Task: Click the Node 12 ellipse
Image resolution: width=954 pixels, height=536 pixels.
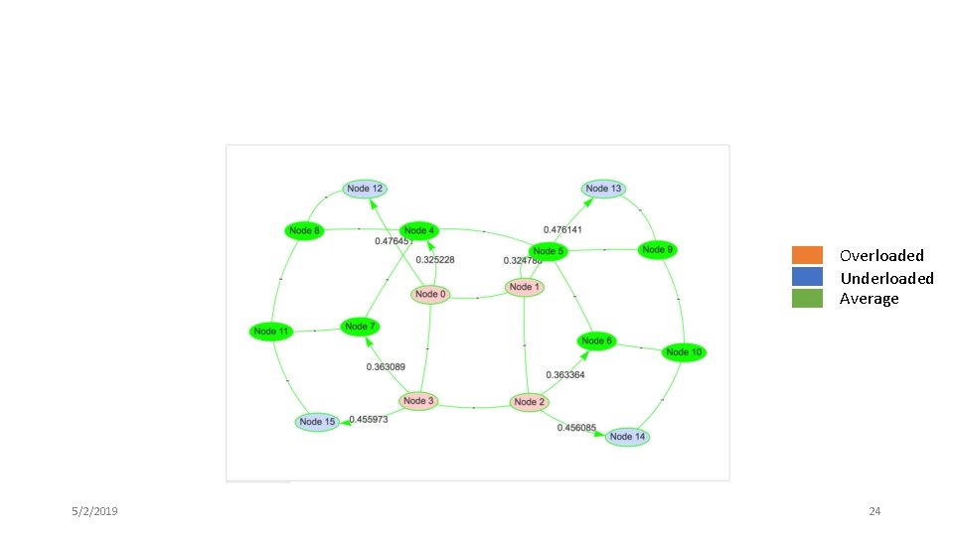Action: click(x=365, y=189)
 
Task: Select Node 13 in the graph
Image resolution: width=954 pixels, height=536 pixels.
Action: click(x=603, y=189)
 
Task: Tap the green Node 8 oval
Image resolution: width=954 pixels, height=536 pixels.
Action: click(x=304, y=231)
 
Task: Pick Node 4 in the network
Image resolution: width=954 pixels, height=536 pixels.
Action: click(x=418, y=231)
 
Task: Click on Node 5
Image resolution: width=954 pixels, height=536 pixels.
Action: click(x=547, y=251)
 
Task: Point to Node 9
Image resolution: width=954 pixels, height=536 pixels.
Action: click(x=657, y=249)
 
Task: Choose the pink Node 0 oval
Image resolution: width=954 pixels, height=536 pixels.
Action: click(x=430, y=294)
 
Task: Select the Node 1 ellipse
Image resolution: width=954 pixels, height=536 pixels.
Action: click(x=524, y=288)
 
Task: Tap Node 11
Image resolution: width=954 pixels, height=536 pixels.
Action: click(x=270, y=332)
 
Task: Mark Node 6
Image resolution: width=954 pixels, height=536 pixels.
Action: click(x=596, y=341)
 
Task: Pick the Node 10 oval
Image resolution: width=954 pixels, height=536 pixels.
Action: click(x=684, y=352)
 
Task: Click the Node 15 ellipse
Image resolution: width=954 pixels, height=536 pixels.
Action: click(x=317, y=422)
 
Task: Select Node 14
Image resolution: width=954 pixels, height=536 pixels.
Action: click(x=627, y=437)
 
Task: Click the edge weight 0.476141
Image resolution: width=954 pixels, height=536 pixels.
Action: click(x=562, y=229)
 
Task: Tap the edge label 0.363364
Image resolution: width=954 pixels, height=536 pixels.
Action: click(x=564, y=375)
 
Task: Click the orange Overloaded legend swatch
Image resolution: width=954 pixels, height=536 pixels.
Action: click(x=807, y=255)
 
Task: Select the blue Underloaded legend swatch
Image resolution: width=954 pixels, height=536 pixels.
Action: click(x=807, y=277)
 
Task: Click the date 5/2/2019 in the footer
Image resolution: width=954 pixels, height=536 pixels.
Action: click(x=95, y=511)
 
